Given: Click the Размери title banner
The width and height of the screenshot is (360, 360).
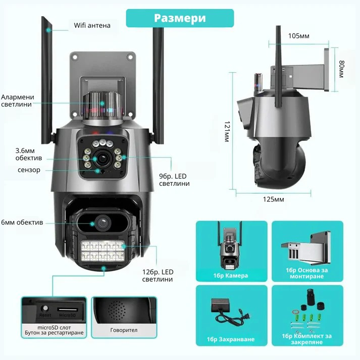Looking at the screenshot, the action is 180,18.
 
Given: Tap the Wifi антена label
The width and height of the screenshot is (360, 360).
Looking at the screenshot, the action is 92,25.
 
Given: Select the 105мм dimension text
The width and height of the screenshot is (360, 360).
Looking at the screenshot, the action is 299,36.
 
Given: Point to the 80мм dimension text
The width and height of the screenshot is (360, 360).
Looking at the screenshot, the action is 342,69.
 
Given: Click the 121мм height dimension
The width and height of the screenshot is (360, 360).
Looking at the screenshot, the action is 227,132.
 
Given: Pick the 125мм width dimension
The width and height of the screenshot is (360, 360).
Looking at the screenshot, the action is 274,199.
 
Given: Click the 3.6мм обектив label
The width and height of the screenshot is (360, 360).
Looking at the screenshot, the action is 29,155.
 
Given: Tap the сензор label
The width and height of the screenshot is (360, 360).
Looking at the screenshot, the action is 29,170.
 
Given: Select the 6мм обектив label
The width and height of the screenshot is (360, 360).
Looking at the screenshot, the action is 22,222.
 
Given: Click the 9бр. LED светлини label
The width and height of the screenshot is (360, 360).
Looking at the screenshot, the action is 174,180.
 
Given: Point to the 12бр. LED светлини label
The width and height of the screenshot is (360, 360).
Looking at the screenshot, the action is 158,276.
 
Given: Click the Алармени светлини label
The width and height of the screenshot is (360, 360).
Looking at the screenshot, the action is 18,100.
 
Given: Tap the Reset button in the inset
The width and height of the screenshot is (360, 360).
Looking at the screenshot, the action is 45,308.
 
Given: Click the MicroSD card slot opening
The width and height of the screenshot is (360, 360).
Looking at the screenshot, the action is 68,310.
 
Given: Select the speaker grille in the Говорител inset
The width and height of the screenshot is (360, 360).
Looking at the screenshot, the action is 117,311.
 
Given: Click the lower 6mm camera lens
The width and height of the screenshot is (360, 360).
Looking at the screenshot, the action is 102,223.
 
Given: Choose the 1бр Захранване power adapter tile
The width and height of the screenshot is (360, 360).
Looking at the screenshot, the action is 231,316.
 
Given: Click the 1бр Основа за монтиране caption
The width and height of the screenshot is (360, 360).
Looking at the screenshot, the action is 307,273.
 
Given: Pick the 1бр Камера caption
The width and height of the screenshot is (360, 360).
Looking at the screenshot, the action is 231,276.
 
